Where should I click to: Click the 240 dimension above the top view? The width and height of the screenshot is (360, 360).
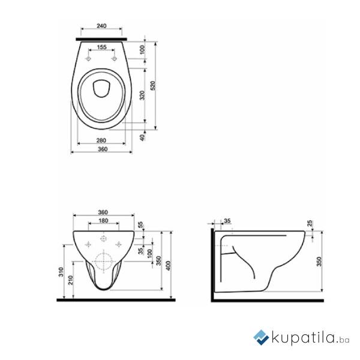tap(101, 26)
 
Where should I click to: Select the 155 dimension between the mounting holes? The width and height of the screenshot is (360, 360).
tap(101, 47)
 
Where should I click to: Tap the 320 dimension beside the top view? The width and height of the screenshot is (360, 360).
tap(143, 95)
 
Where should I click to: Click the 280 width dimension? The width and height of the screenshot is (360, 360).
tap(101, 140)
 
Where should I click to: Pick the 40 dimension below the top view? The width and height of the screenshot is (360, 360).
tap(143, 137)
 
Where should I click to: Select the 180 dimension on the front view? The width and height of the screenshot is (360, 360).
tap(103, 221)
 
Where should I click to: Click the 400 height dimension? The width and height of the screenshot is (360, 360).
tap(169, 266)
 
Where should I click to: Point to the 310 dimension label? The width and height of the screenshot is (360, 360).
tap(61, 272)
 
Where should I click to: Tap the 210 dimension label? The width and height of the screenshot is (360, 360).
tap(71, 280)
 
